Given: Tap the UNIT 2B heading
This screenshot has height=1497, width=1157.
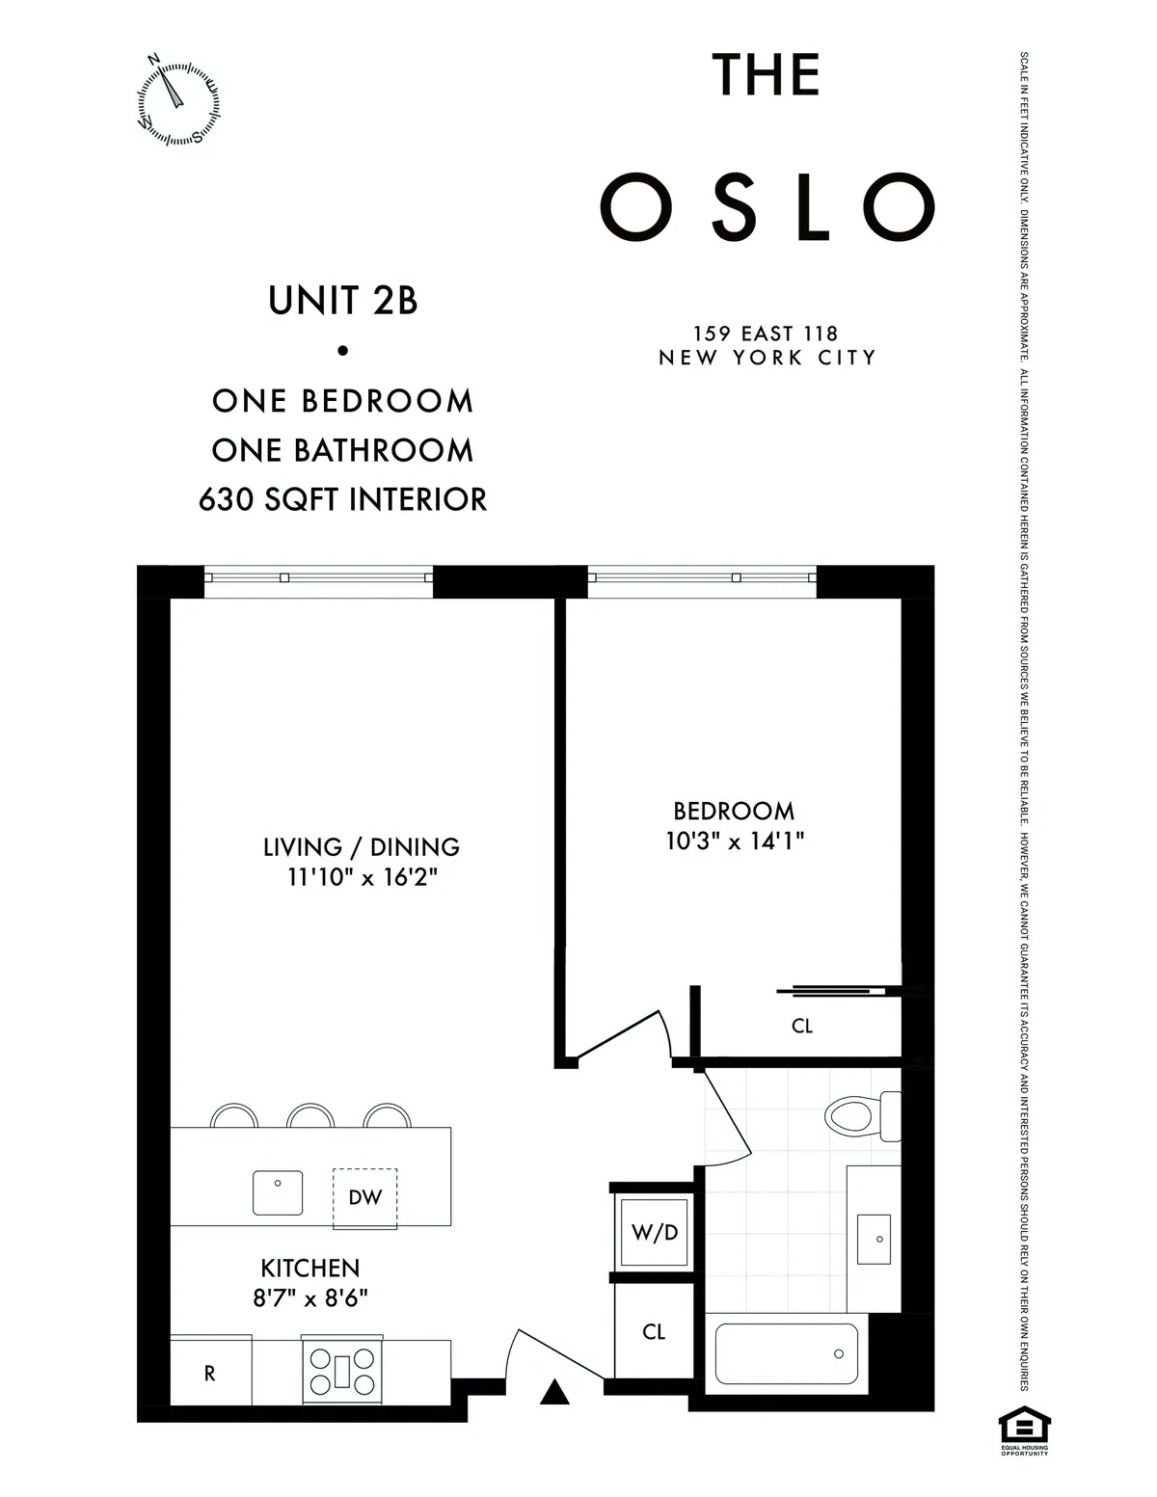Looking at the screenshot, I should tap(343, 301).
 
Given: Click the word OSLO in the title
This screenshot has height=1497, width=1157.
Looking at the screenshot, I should tap(767, 208).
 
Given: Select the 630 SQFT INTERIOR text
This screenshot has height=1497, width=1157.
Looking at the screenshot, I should tap(343, 499).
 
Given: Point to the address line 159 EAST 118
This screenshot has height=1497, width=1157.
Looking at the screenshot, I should tap(767, 334).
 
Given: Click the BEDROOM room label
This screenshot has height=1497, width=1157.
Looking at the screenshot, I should tap(734, 811).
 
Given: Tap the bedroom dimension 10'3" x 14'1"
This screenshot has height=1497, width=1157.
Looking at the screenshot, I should tap(735, 841).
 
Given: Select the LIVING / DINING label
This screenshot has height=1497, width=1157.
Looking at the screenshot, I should tap(362, 847).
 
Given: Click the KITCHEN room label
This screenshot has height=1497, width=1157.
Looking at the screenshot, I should tap(310, 1268).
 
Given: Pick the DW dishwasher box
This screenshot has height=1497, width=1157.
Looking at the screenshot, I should tap(365, 1198).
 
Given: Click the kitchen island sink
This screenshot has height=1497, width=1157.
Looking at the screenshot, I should tap(278, 1192).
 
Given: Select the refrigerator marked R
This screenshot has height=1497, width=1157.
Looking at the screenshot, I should tap(210, 1374).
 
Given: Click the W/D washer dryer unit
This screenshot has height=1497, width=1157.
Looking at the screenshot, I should tap(655, 1232).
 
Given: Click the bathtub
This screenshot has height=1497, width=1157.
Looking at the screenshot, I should tap(786, 1354).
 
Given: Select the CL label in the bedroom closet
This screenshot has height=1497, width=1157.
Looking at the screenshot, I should tap(802, 1026).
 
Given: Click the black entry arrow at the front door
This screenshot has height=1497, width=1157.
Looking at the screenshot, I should tap(553, 1392).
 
